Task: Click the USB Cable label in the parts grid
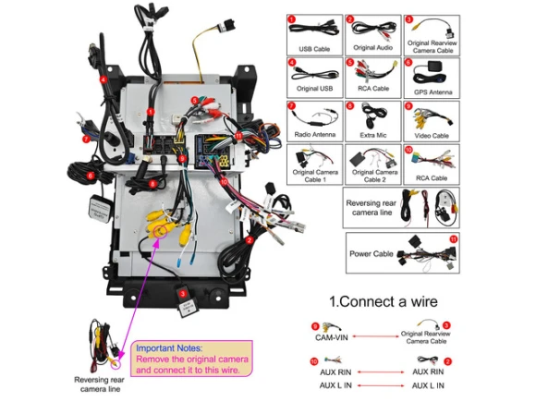[314, 49]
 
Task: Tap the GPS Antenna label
[432, 92]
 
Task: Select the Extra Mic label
[373, 135]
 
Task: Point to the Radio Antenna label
[314, 135]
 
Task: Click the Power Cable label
[372, 253]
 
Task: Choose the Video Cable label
[432, 136]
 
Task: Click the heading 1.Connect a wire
[384, 301]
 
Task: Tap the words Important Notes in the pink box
[169, 348]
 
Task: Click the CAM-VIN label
[331, 337]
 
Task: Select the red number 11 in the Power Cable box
[453, 239]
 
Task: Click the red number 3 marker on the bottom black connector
[183, 294]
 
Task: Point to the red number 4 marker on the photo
[104, 80]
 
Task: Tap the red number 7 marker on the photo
[86, 139]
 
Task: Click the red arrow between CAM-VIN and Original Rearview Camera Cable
[375, 336]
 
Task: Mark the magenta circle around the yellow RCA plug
[160, 232]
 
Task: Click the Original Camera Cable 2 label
[374, 176]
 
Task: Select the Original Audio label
[372, 47]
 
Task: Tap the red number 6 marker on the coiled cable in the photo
[91, 176]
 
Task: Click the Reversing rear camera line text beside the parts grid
[372, 208]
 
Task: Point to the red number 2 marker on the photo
[250, 240]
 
